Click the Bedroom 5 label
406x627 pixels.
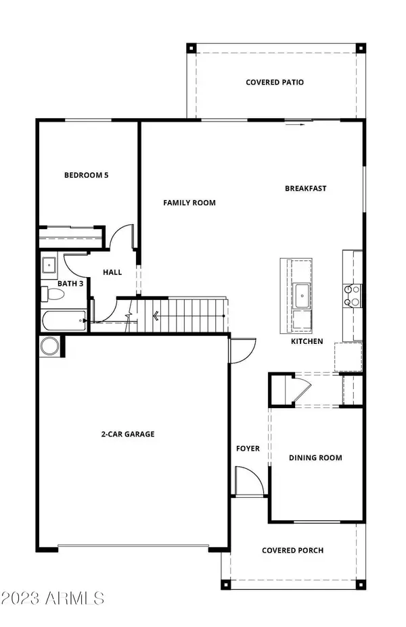click(86, 175)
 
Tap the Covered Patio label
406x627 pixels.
click(274, 82)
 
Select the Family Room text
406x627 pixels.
click(189, 203)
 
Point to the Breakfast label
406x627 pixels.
click(306, 189)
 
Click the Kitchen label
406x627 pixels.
click(307, 342)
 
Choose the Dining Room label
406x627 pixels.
click(315, 458)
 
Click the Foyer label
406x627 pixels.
click(248, 449)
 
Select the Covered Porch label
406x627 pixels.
click(292, 551)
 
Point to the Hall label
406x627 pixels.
click(112, 272)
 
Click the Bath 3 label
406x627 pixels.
click(70, 284)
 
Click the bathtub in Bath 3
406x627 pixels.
click(64, 321)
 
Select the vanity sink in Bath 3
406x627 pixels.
click(49, 265)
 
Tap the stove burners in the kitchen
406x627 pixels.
click(353, 295)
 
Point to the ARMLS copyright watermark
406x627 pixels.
click(53, 598)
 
